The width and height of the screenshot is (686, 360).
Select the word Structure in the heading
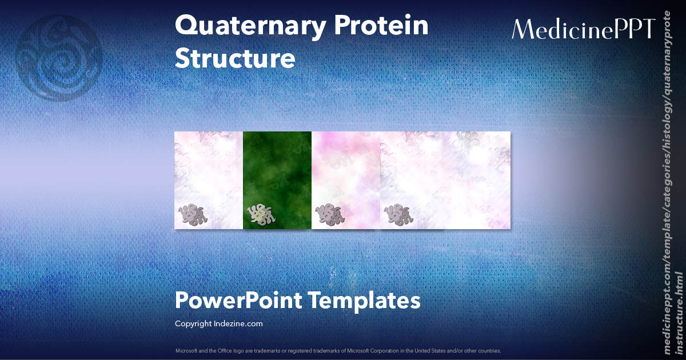click(x=235, y=59)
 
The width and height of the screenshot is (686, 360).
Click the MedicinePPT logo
click(x=583, y=29)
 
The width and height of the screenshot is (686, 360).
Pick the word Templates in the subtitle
click(x=364, y=301)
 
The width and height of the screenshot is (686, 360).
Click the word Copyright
click(x=193, y=324)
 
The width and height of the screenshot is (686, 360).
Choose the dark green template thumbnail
click(x=277, y=180)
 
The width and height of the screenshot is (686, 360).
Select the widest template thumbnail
click(x=445, y=180)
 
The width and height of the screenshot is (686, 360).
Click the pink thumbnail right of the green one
click(x=346, y=180)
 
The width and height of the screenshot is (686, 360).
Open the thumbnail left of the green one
click(x=209, y=180)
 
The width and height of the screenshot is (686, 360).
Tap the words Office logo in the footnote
click(x=237, y=350)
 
